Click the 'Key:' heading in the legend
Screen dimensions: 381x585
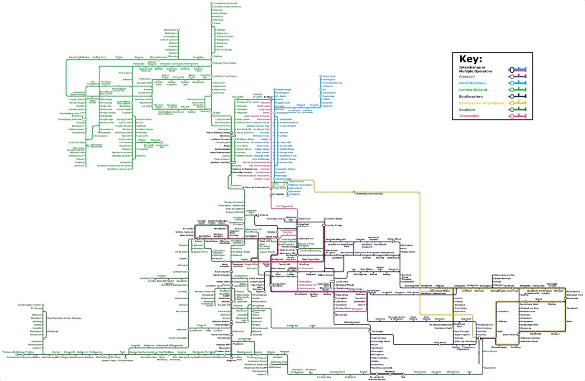pos(470,60)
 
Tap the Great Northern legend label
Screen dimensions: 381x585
pos(473,83)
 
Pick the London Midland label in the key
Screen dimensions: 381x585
pos(473,90)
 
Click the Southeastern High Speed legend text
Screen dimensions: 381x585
pos(481,103)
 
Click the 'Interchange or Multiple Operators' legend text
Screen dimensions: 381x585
pos(475,70)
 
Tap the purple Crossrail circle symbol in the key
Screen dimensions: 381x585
pos(511,76)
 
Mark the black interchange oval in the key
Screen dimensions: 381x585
pos(512,70)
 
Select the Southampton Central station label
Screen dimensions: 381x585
pos(30,305)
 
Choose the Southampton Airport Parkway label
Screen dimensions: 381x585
pos(64,318)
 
